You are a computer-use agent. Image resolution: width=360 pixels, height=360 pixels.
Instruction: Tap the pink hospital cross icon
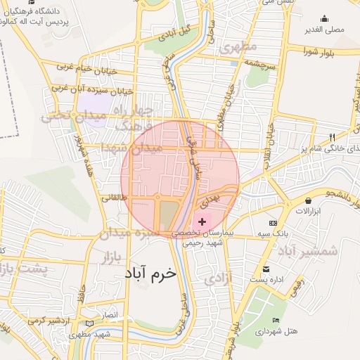[202, 221]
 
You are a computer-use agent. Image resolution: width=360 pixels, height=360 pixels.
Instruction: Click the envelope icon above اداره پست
[266, 269]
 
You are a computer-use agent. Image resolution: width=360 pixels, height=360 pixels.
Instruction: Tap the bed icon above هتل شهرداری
[276, 321]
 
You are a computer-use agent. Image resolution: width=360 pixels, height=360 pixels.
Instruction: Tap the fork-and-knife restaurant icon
[332, 136]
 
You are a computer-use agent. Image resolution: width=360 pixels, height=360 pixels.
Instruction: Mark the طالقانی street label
[115, 199]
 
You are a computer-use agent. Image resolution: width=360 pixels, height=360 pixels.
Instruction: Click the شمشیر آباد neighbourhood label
[307, 250]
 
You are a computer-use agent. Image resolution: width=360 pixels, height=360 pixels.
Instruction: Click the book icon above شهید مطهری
[88, 323]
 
